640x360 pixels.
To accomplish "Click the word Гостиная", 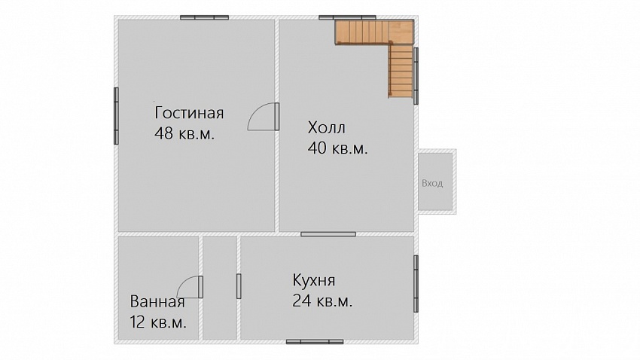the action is [x=189, y=113].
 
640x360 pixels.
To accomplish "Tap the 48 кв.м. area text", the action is [x=184, y=133].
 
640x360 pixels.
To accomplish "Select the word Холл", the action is [x=327, y=128].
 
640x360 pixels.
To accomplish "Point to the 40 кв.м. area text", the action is [x=338, y=148].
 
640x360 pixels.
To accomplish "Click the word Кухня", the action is [x=314, y=280].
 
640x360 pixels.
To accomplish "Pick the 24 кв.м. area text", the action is [x=322, y=301].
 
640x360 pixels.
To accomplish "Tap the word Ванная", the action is [x=157, y=302].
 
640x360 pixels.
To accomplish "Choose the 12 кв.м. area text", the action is [x=158, y=322].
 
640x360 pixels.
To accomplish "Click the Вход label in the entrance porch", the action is [x=432, y=183].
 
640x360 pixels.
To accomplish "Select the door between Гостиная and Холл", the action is [x=264, y=117].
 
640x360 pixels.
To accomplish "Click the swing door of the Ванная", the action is [x=190, y=286].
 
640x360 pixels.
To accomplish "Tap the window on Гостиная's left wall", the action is [x=116, y=116].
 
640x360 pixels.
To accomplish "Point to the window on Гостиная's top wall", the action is [x=205, y=17].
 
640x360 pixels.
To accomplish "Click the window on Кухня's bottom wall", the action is [x=315, y=342].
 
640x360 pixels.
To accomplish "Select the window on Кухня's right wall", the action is [x=416, y=284].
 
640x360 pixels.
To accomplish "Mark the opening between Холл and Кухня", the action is [x=328, y=234].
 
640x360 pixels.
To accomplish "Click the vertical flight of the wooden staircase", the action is [x=401, y=71].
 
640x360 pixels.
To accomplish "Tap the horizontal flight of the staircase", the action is [x=361, y=32].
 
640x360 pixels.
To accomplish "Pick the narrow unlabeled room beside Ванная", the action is [x=220, y=288].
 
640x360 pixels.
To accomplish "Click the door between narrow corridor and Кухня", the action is [x=239, y=286].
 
